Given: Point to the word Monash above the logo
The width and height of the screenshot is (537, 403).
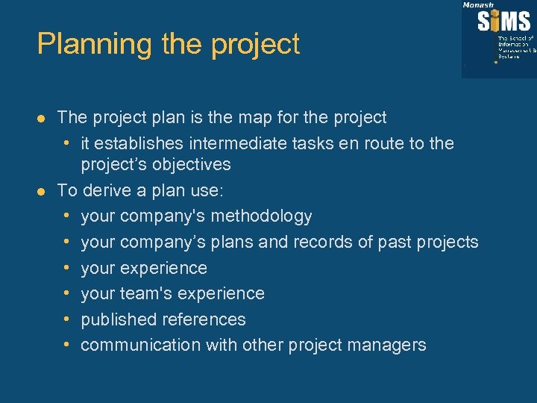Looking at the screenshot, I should click(x=477, y=5).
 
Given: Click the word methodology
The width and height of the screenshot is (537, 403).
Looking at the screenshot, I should click(x=262, y=216).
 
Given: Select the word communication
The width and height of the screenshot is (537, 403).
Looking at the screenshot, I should click(x=141, y=345).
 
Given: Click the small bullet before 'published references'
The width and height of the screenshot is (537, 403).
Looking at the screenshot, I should click(x=67, y=319).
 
